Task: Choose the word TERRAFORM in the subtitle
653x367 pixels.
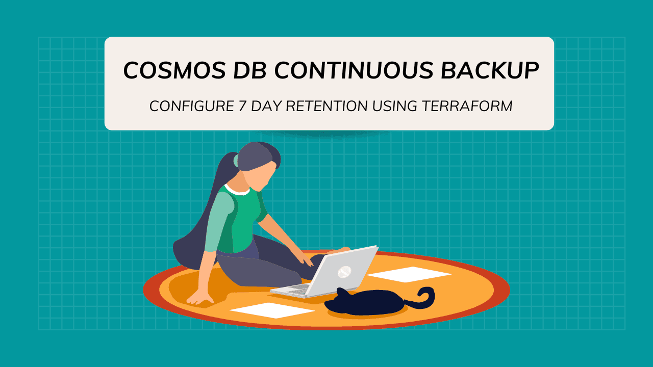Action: tap(466, 106)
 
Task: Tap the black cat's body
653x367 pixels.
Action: tap(367, 303)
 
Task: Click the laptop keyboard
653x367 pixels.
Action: tap(296, 290)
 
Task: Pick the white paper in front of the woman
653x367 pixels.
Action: tap(272, 310)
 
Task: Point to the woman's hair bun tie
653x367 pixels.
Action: tap(236, 160)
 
